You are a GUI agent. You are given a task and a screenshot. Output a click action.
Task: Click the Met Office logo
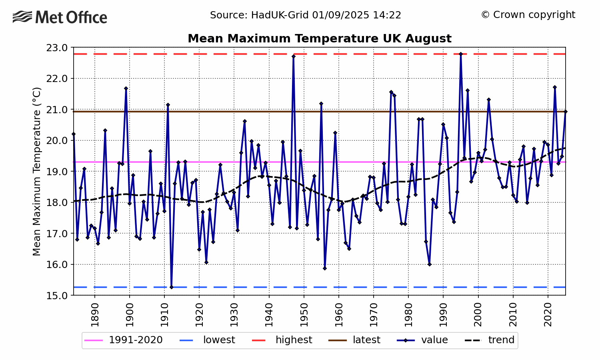tap(60, 17)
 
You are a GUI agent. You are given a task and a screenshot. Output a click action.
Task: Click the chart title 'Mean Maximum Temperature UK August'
tap(319, 38)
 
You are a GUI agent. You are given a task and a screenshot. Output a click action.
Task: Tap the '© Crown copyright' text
tap(528, 15)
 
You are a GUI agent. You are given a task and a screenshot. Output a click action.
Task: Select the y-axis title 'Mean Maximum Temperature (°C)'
tap(37, 171)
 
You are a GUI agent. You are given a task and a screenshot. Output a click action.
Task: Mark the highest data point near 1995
tap(461, 54)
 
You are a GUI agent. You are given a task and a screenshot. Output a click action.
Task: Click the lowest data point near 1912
tap(171, 287)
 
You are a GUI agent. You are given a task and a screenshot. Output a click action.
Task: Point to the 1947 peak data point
tap(294, 56)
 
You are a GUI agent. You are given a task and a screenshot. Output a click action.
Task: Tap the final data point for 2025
tap(565, 112)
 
